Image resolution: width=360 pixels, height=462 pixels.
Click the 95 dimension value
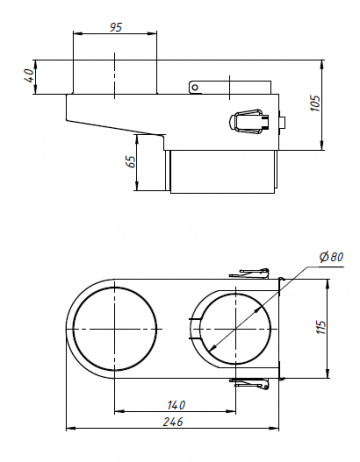click(116, 27)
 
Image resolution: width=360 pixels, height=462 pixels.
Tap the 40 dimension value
click(29, 76)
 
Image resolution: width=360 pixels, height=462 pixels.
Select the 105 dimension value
click(315, 104)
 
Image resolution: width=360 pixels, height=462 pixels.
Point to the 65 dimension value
click(131, 162)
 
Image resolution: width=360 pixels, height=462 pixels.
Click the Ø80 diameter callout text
click(331, 257)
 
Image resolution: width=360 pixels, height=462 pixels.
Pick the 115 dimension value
click(320, 328)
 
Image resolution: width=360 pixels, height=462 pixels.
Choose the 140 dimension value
click(176, 405)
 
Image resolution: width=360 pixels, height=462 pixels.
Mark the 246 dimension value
click(173, 422)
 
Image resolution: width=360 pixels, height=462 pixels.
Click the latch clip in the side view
click(250, 121)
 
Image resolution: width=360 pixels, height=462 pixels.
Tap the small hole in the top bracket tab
click(195, 88)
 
